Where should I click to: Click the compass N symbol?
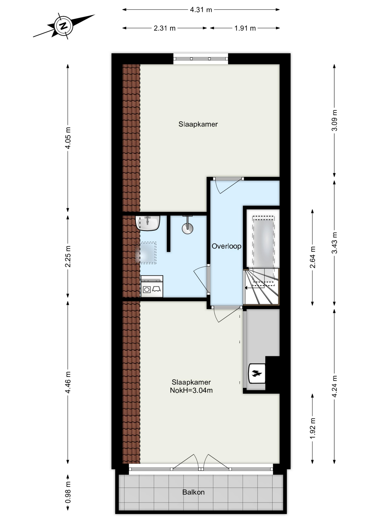point(64,26)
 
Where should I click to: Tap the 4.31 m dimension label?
point(201,10)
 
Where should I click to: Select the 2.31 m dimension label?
point(165,28)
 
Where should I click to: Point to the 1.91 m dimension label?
point(245,28)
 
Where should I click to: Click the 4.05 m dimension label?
point(68,138)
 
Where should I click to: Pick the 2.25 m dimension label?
point(68,256)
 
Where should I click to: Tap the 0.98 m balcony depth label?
point(68,492)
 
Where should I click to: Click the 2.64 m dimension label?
point(313,257)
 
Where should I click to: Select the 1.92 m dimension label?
point(313,428)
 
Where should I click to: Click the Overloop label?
point(226,246)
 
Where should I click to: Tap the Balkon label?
point(193,492)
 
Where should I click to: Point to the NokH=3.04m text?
point(191,390)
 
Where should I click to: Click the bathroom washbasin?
point(148,223)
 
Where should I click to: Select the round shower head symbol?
point(187,228)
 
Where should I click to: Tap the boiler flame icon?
point(257,373)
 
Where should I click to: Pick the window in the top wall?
point(201,59)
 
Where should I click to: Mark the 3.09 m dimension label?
point(334,120)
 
